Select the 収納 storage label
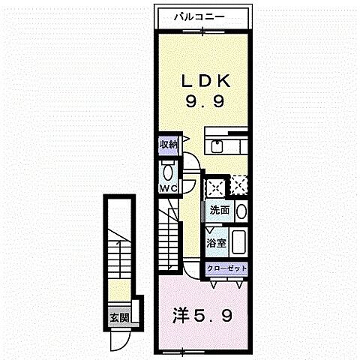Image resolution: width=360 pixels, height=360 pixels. coord(167,145)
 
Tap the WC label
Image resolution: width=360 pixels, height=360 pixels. coord(166,187)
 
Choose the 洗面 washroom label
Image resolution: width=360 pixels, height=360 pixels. coord(219,210)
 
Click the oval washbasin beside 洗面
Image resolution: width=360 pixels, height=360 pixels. coord(241,211)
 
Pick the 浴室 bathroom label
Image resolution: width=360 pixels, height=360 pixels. coord(216,242)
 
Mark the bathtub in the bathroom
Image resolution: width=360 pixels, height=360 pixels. coord(240,241)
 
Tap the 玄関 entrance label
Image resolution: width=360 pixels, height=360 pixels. coord(118,317)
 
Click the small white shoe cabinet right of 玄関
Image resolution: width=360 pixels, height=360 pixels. coord(134,318)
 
